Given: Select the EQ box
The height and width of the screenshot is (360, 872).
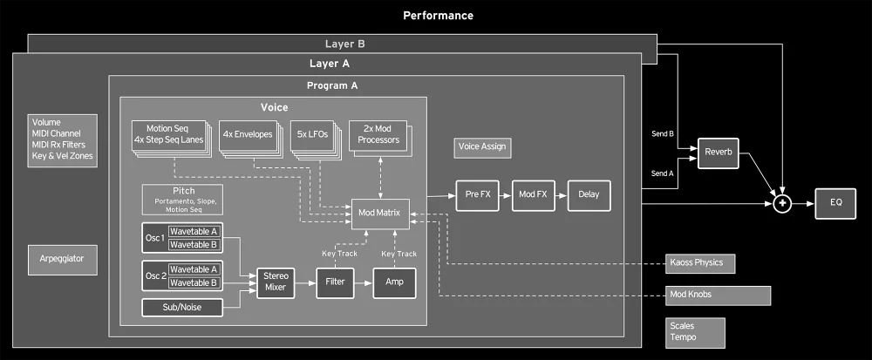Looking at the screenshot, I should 836,202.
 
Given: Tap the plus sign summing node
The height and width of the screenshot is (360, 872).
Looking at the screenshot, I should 782,202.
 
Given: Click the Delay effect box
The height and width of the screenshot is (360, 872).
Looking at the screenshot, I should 589,195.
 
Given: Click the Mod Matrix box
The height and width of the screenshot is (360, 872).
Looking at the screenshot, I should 379,212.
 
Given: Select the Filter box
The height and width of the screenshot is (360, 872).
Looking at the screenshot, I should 334,282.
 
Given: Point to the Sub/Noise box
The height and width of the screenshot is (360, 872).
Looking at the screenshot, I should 181,307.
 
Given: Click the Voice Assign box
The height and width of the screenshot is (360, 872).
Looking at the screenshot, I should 481,146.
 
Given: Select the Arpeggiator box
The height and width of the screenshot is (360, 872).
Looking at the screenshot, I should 62,259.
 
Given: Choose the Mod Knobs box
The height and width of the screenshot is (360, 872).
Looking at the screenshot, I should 718,295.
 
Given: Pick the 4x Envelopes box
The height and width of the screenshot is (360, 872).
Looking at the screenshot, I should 247,134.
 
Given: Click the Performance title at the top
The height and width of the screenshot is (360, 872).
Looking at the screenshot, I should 439,16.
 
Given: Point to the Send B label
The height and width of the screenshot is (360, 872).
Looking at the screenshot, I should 663,134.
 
